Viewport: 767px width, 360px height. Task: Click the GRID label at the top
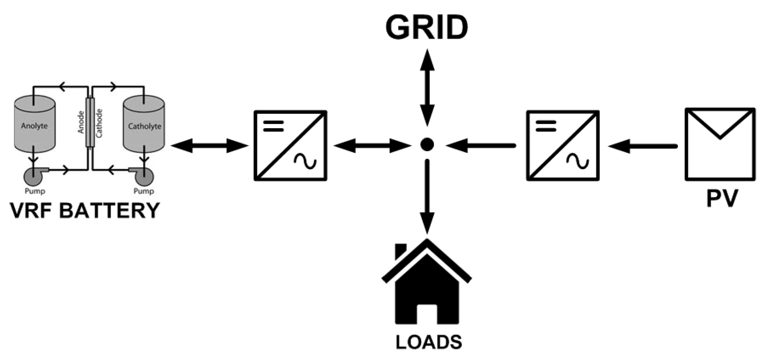pos(427,28)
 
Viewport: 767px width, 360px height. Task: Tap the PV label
pos(722,199)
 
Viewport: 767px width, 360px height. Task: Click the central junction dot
pos(427,144)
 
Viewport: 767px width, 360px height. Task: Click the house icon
pos(427,290)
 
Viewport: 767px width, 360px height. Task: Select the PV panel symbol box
pos(720,144)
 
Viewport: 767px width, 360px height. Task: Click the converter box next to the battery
pos(290,145)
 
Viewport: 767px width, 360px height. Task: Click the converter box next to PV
pos(563,145)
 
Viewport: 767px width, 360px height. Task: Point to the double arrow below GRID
pos(427,88)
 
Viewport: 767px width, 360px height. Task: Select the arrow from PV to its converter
pos(643,146)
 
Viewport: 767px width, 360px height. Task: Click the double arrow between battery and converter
pos(209,145)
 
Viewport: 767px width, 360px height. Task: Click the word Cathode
pos(99,123)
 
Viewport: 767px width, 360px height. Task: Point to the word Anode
pos(81,122)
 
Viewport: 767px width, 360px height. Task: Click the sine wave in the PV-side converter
pos(578,161)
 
